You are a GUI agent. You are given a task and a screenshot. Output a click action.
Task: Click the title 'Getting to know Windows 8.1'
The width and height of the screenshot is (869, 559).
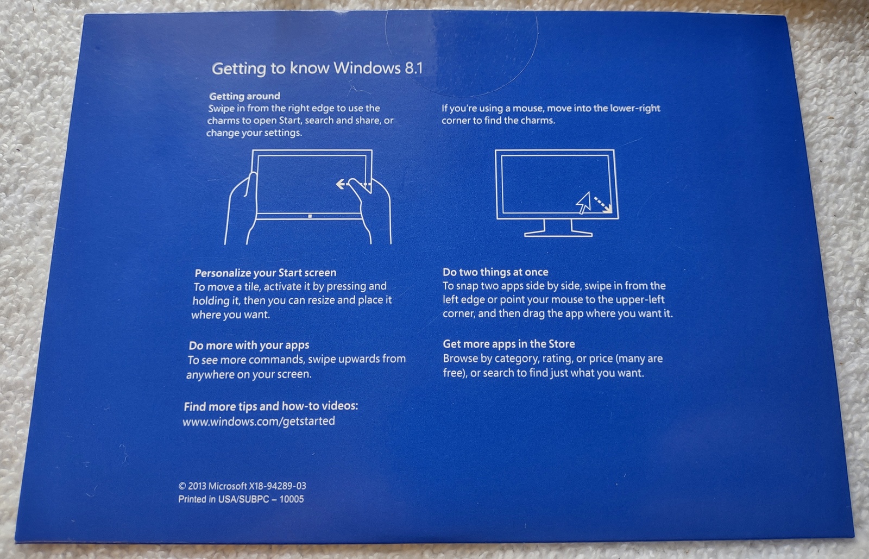click(x=317, y=68)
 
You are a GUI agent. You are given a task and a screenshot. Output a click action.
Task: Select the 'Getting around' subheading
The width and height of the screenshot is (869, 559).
click(x=244, y=96)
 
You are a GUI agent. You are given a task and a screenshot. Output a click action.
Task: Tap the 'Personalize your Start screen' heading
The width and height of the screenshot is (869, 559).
click(x=266, y=273)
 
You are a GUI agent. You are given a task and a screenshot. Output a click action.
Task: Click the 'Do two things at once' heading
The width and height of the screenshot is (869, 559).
click(x=495, y=272)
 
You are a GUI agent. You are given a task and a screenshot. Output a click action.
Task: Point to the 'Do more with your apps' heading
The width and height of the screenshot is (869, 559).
click(x=249, y=346)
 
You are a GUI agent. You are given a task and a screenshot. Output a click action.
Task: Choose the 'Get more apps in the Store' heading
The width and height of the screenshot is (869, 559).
click(x=508, y=344)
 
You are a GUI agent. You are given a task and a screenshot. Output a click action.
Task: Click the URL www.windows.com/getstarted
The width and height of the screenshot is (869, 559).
click(x=259, y=421)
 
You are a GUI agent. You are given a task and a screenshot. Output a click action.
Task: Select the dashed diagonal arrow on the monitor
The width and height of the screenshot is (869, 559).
click(x=603, y=205)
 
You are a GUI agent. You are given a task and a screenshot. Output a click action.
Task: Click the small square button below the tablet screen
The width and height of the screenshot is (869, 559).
click(x=310, y=216)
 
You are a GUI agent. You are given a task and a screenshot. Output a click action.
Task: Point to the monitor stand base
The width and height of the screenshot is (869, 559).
click(x=558, y=234)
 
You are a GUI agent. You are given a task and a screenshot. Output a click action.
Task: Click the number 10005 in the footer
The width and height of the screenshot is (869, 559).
click(x=291, y=499)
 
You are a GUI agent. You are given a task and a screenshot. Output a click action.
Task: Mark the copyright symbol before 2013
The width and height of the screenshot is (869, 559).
click(x=182, y=486)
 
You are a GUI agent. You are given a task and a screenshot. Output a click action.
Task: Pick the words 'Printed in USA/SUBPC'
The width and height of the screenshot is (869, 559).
click(x=224, y=499)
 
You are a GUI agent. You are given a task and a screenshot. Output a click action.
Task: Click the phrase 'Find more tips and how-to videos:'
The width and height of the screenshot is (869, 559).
click(x=271, y=406)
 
